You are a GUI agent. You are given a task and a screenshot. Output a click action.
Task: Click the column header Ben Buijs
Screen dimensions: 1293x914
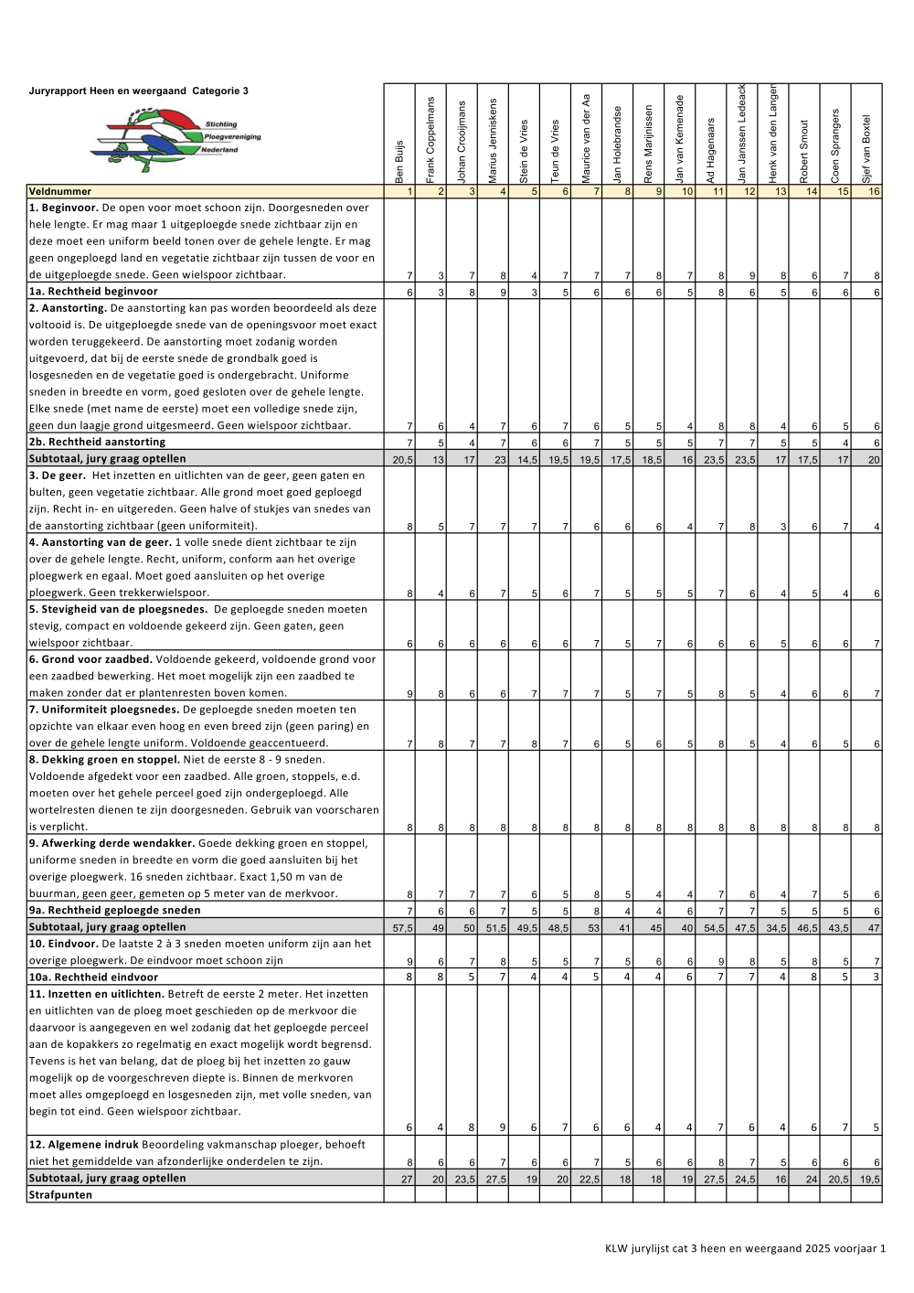[x=399, y=161]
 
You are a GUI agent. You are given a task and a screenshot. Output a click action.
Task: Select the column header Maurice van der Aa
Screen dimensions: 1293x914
[x=587, y=138]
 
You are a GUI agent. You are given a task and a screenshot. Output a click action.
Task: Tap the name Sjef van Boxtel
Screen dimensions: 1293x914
[x=866, y=148]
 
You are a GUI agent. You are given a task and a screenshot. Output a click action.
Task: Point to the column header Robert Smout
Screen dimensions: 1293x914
[x=804, y=151]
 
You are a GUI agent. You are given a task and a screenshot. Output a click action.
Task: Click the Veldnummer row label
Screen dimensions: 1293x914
[x=60, y=192]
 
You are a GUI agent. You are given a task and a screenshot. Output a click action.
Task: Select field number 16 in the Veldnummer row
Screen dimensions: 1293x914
[x=874, y=192]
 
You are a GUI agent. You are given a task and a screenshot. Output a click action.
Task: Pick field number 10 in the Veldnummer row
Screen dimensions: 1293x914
[x=687, y=192]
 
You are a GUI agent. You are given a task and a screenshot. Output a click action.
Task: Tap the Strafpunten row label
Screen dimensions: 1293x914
[x=60, y=1195]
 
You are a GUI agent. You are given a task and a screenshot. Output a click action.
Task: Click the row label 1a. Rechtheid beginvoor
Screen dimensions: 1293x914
[x=93, y=292]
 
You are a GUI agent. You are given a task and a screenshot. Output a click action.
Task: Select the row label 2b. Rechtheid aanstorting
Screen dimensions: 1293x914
[x=97, y=443]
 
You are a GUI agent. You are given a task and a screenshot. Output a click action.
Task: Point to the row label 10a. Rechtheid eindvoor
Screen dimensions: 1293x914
[x=93, y=978]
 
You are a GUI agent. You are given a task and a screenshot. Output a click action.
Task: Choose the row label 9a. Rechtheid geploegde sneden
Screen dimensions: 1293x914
[x=114, y=911]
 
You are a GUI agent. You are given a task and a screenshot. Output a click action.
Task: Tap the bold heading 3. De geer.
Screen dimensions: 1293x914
[x=58, y=476]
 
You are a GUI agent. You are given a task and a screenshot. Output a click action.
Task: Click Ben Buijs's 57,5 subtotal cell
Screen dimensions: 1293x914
[x=402, y=928]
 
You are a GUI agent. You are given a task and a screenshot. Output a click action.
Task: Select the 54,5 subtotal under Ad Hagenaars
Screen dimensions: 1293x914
[x=714, y=928]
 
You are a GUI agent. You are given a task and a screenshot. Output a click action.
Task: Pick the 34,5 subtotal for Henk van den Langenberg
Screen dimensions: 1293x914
[x=776, y=928]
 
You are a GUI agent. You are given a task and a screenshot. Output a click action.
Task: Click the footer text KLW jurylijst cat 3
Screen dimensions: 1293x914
[x=745, y=1248]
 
